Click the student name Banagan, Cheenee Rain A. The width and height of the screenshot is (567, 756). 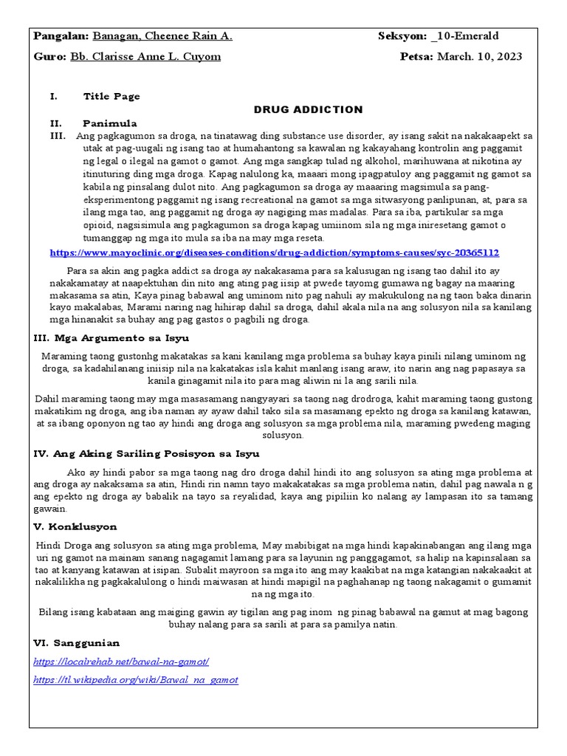(x=162, y=36)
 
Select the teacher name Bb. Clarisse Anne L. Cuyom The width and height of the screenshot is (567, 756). (x=145, y=57)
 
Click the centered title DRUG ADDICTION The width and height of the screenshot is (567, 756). (x=309, y=109)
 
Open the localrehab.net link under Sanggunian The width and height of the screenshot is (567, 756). (x=122, y=661)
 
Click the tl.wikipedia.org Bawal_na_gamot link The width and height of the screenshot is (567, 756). (x=137, y=679)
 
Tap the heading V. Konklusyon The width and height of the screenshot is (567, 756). (x=75, y=527)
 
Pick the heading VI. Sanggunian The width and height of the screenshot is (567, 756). (x=78, y=643)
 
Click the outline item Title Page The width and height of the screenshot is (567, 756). (x=111, y=96)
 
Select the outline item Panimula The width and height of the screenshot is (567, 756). (x=110, y=123)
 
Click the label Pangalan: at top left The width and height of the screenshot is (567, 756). (x=61, y=36)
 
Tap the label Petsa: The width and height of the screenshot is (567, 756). (x=416, y=57)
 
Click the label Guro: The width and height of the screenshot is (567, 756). (x=50, y=57)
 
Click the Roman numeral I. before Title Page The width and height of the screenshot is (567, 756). (x=52, y=96)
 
